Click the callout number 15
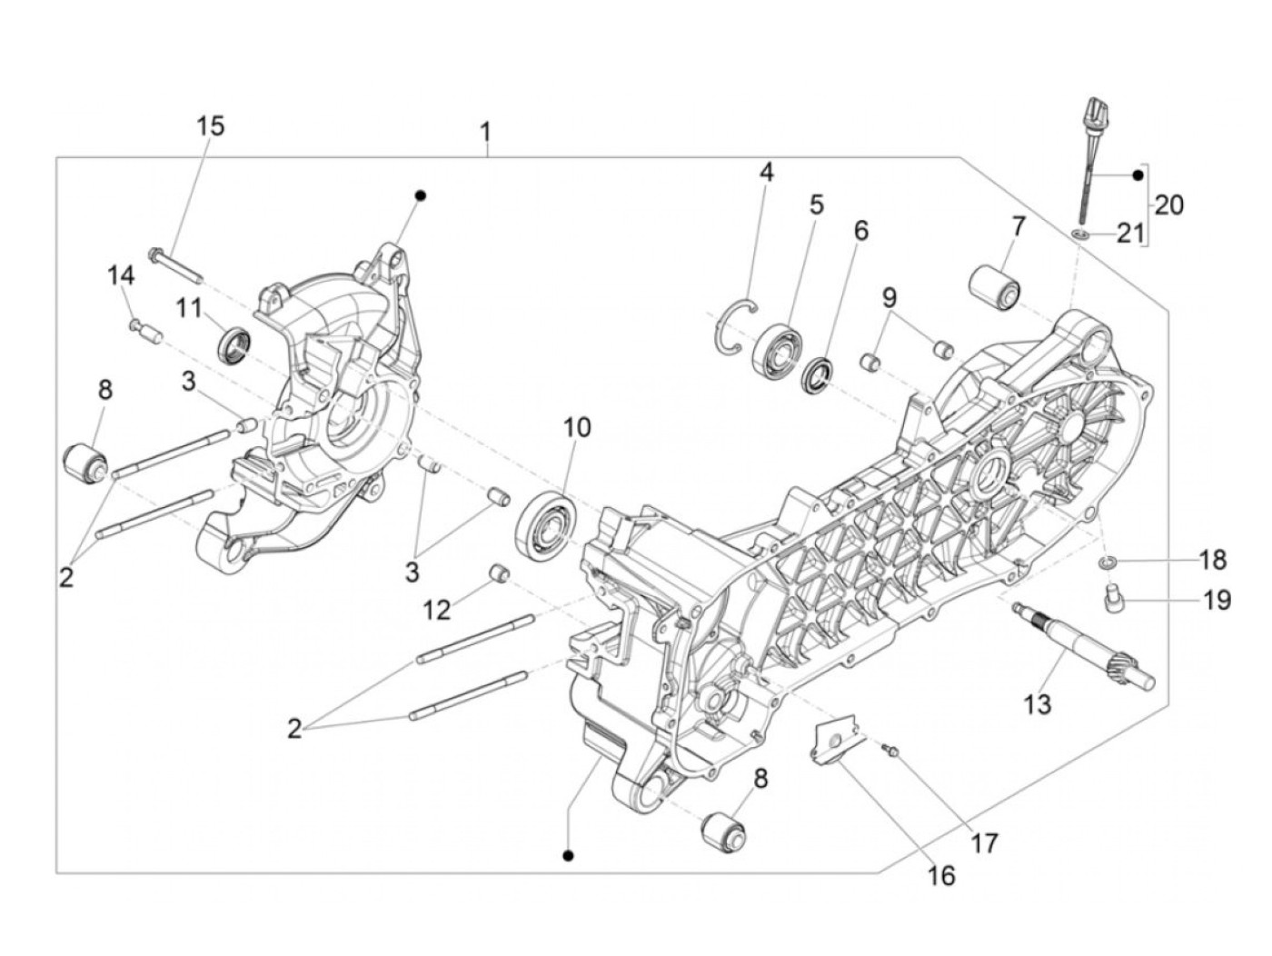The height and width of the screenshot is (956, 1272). coord(210,125)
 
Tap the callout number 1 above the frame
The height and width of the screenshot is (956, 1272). coord(486,134)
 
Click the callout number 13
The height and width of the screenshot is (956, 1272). coord(1037,703)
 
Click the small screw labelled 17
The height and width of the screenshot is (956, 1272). coord(891,749)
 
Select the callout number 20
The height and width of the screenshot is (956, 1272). coord(1169,205)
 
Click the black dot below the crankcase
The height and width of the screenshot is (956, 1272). coord(569,855)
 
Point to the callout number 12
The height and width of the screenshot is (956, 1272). coord(436,610)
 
